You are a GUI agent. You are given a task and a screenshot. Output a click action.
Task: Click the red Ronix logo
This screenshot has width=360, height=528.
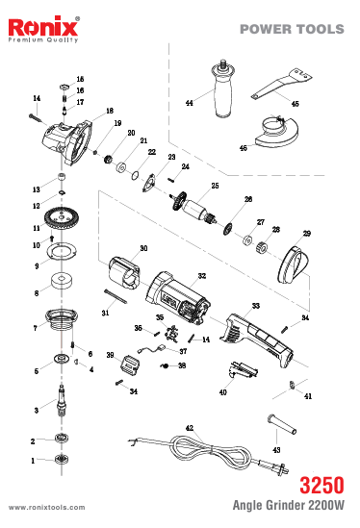click(43, 27)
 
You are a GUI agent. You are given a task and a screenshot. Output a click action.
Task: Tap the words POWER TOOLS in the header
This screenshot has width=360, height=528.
click(292, 29)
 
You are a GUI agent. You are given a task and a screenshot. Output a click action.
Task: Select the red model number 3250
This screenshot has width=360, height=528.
click(321, 485)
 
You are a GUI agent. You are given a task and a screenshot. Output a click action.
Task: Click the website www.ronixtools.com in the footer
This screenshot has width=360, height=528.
click(47, 508)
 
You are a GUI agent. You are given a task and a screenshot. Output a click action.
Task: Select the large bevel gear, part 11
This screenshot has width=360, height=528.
click(61, 219)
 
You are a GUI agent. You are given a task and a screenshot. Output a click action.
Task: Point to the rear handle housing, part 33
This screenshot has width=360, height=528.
click(257, 341)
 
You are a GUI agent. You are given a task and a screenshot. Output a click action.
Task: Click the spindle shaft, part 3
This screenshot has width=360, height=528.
click(62, 401)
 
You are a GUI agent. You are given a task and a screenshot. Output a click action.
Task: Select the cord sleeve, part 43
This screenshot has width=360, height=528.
click(282, 423)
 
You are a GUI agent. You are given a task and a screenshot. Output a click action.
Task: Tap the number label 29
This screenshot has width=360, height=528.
click(307, 234)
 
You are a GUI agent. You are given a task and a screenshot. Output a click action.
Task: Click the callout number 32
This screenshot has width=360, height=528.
click(202, 276)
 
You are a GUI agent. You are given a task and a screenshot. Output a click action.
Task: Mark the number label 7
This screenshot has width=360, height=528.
click(35, 328)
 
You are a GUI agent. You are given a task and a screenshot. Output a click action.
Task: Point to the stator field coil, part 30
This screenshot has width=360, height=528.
click(124, 273)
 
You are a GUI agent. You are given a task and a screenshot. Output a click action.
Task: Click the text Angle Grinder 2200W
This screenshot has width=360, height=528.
click(289, 505)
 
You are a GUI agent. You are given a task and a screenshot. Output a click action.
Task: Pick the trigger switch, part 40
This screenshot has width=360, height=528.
click(243, 370)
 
